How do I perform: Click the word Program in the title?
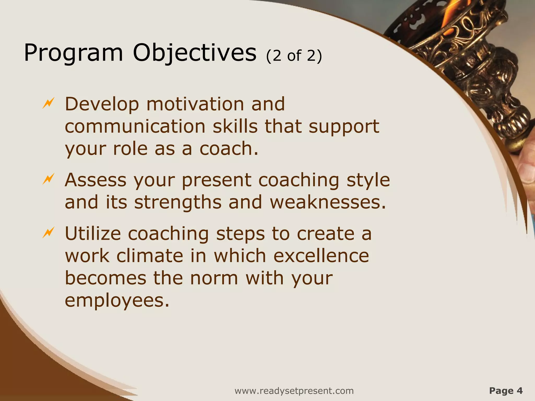[73, 53]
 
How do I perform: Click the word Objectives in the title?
[195, 53]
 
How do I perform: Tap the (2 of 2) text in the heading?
[294, 56]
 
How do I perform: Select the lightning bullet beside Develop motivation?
[48, 103]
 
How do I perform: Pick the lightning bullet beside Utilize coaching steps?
[48, 232]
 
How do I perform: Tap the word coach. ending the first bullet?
[229, 149]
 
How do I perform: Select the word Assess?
[96, 180]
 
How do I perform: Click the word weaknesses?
[328, 202]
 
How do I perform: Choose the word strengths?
[178, 202]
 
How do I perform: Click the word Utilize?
[93, 233]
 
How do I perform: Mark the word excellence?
[321, 256]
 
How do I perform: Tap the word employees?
[117, 301]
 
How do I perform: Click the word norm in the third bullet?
[214, 278]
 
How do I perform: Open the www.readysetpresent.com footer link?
[294, 391]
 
